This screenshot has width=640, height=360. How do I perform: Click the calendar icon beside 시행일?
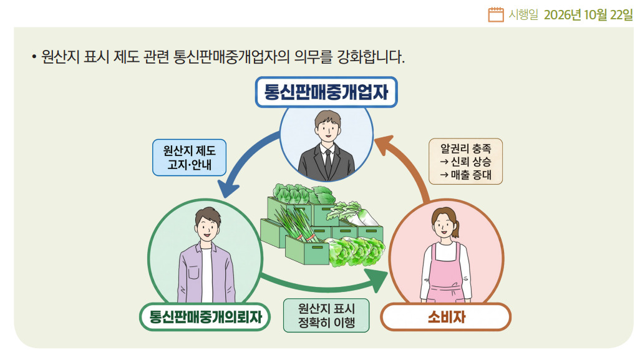coord(495,15)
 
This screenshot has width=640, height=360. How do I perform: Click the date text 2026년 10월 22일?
coord(588,15)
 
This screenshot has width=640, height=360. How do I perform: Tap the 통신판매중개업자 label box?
coord(326,92)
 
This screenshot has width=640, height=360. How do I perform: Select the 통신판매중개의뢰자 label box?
coord(205,317)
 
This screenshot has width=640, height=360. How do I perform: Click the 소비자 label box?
coord(446,317)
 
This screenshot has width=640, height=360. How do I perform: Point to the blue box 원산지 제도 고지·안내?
coord(190,158)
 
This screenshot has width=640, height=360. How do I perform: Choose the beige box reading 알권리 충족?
coord(466,161)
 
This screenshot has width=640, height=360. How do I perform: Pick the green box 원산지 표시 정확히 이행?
coord(326,315)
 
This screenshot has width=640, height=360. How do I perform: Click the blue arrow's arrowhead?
coord(227,189)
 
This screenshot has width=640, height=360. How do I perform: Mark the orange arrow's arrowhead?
coord(384,145)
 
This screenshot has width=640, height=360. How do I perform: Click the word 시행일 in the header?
coord(523,15)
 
